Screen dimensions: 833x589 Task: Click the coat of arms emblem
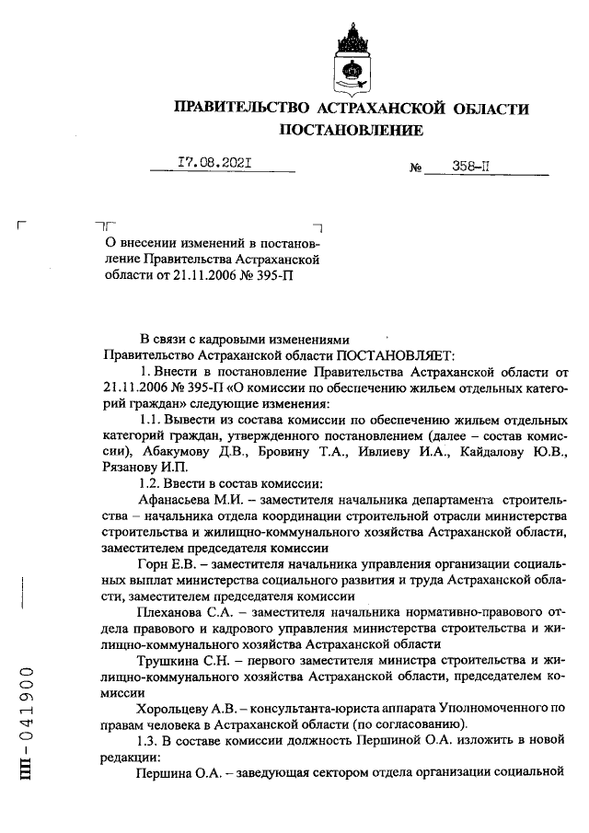(352, 60)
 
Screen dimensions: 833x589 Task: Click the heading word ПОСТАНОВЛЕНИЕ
(352, 131)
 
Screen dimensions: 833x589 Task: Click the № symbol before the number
(414, 168)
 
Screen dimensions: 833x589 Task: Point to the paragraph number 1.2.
(149, 482)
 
